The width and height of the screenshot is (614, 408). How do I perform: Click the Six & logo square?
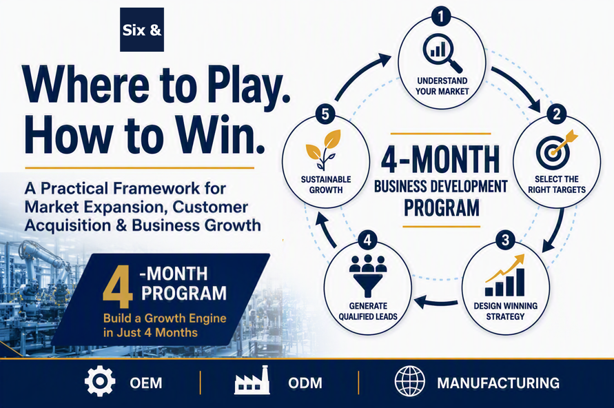tap(142, 30)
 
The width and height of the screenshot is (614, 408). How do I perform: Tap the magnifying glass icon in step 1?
tap(442, 53)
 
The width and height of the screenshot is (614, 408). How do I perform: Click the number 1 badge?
tap(441, 16)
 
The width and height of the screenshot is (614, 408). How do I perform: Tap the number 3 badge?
tap(505, 240)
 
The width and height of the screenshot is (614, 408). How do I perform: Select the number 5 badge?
tap(325, 114)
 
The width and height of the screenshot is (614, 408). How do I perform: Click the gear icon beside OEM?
tap(100, 381)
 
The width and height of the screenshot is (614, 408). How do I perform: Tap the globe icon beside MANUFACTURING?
tap(409, 381)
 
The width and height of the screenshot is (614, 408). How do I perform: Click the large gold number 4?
tap(117, 287)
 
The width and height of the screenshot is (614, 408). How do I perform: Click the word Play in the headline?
tap(248, 85)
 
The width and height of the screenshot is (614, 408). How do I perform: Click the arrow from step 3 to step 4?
tap(436, 303)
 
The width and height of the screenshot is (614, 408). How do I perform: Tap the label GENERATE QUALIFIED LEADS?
tap(368, 312)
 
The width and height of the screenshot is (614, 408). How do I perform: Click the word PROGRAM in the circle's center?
tap(441, 207)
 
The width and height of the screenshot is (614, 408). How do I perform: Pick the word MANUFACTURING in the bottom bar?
tap(498, 382)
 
